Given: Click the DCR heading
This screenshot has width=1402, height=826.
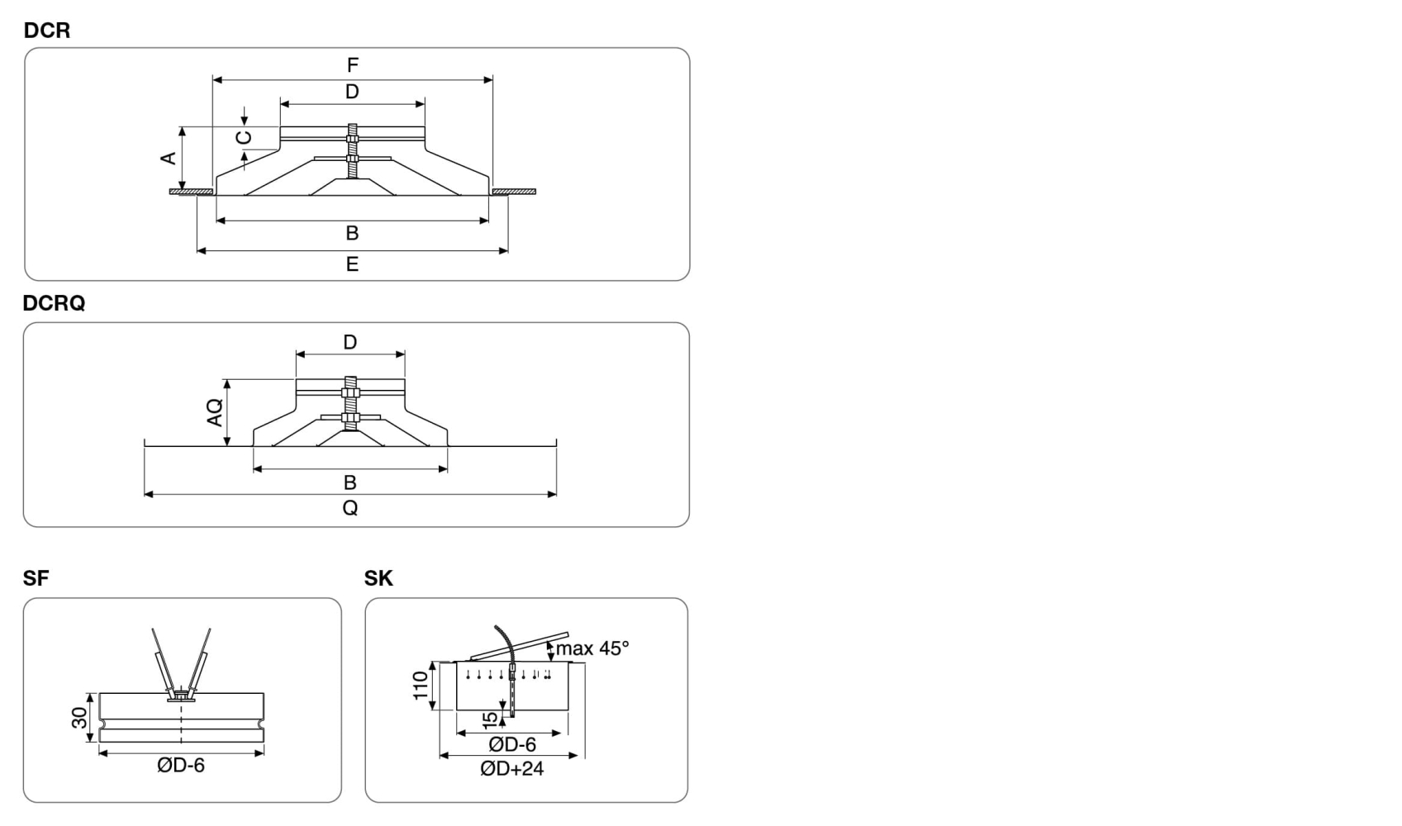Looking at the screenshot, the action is [x=47, y=30].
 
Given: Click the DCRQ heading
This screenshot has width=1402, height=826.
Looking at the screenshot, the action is [x=54, y=303].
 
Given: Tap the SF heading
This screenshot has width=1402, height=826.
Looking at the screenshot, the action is [x=36, y=578].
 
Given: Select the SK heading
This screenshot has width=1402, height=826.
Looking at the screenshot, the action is [x=378, y=578].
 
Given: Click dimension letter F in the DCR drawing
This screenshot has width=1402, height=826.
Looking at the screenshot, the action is [x=353, y=64].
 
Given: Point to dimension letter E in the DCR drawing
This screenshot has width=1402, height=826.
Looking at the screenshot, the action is [x=353, y=264].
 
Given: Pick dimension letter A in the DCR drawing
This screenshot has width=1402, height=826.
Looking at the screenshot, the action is [x=169, y=159].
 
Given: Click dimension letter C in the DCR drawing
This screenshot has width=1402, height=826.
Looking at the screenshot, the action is [x=244, y=137].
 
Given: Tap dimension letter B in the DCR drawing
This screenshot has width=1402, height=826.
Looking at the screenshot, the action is [x=353, y=234].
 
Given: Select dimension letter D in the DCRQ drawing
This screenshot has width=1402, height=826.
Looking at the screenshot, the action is [x=349, y=342].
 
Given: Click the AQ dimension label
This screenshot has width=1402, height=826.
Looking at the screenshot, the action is [x=215, y=412].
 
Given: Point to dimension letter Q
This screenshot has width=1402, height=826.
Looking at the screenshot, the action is [x=350, y=507].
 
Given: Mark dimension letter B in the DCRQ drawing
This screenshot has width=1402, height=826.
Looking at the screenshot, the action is [x=349, y=482].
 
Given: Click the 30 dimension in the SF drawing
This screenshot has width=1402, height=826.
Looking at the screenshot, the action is [x=79, y=718].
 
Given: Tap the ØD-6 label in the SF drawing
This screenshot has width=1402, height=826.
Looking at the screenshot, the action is [x=181, y=766].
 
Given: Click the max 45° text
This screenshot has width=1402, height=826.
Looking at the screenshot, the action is [x=592, y=648].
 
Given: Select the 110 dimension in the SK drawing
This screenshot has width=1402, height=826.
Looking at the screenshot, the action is [x=421, y=686].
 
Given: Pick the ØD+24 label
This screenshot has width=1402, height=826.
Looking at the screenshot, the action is [x=512, y=768].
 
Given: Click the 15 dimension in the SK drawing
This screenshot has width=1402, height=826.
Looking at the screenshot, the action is [x=491, y=720].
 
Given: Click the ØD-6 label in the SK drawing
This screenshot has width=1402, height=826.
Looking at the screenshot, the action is [x=512, y=745].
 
